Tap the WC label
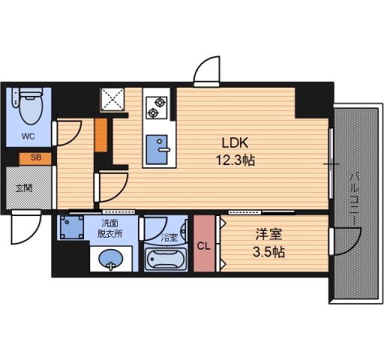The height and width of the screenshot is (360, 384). pyautogui.click(x=28, y=136)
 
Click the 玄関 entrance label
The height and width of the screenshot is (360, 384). pyautogui.click(x=24, y=188)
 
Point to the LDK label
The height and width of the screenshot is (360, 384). pyautogui.click(x=235, y=143)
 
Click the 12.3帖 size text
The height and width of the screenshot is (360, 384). pyautogui.click(x=235, y=160)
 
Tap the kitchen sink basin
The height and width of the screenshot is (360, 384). pyautogui.click(x=157, y=149)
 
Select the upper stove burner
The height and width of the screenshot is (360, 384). pyautogui.click(x=160, y=102)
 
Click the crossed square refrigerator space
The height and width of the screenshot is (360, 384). pyautogui.click(x=112, y=99)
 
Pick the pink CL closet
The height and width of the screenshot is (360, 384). pyautogui.click(x=204, y=244)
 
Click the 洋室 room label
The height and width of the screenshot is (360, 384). pyautogui.click(x=268, y=235)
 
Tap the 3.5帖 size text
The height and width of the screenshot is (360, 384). pyautogui.click(x=268, y=252)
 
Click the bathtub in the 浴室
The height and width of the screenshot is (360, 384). pyautogui.click(x=166, y=259)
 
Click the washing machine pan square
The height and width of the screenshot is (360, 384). pyautogui.click(x=72, y=227)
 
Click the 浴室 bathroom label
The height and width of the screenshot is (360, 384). pyautogui.click(x=169, y=238)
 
